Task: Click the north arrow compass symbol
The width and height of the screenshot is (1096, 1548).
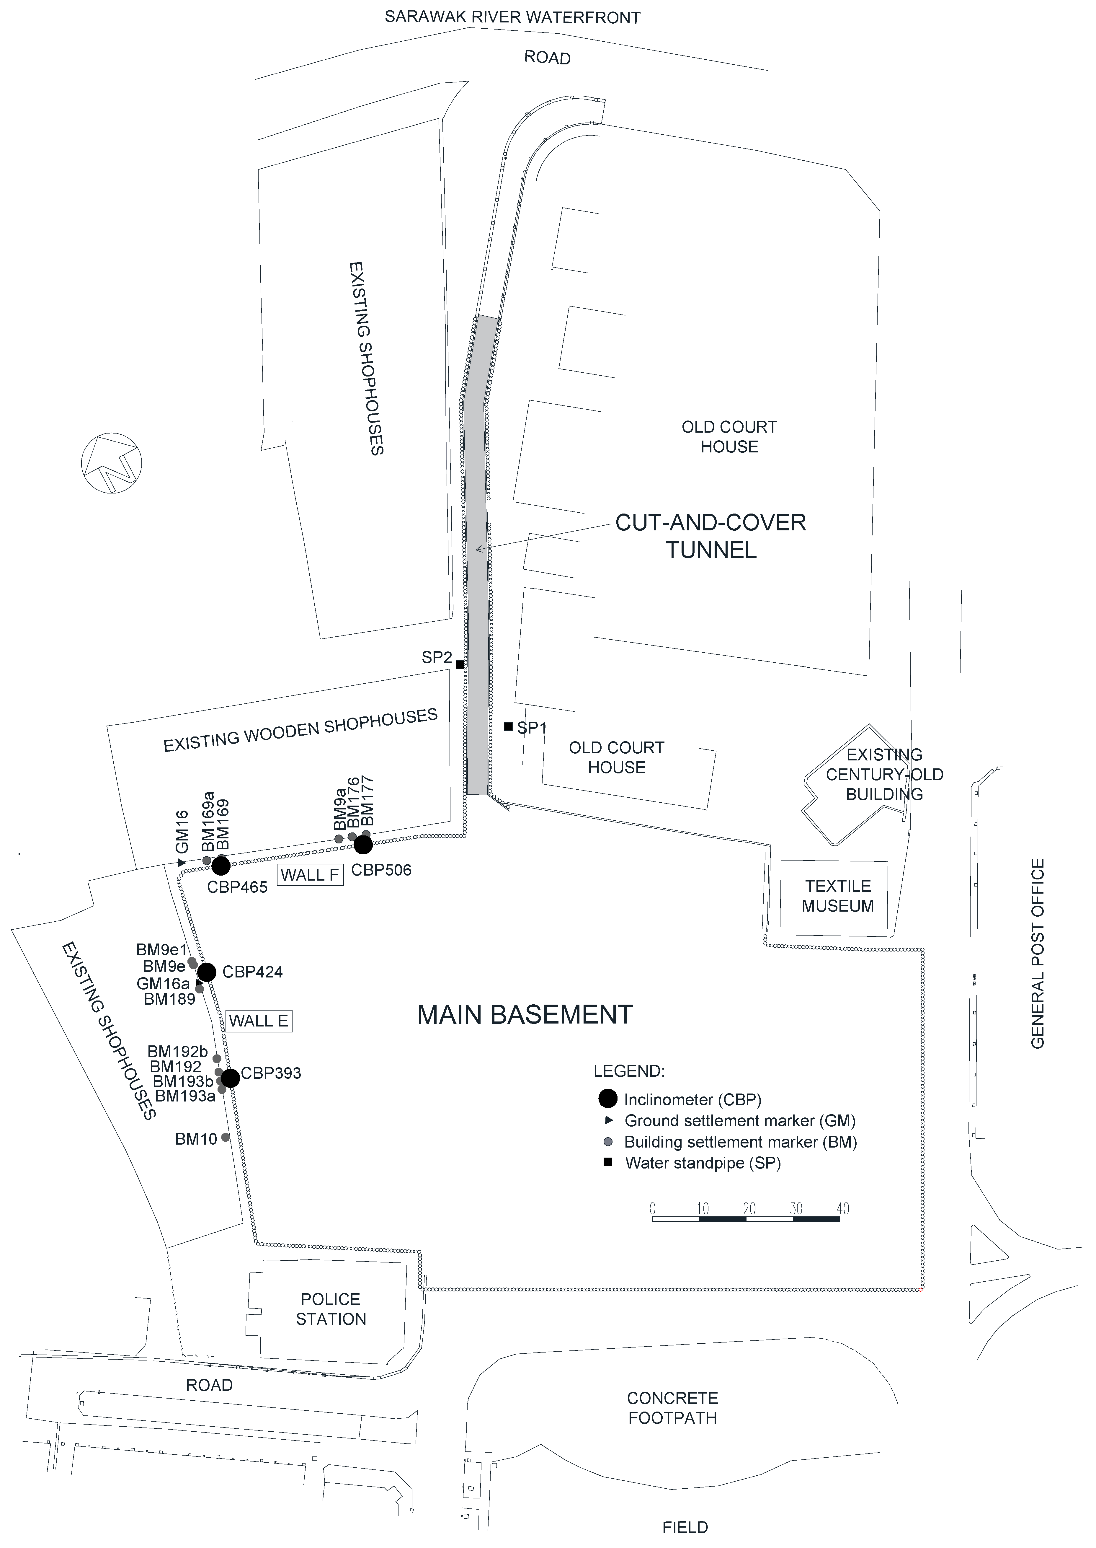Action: coord(111,463)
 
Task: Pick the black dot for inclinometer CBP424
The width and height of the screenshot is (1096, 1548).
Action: coord(207,972)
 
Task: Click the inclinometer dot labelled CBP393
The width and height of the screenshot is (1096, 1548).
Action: coord(230,1078)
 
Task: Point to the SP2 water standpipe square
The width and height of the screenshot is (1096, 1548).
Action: coord(460,664)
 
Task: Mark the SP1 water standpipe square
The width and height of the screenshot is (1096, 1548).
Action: coord(508,726)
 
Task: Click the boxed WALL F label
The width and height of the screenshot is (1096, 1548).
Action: coord(310,875)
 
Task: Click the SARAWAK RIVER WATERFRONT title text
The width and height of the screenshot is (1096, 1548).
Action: coord(512,17)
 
